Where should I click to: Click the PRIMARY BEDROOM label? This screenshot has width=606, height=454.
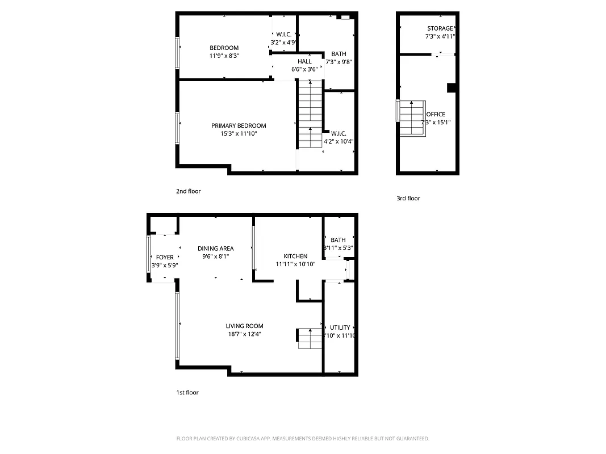coord(239,125)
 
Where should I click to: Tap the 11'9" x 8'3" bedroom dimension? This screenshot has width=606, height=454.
coord(224,56)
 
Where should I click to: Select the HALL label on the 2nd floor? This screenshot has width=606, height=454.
coord(304,61)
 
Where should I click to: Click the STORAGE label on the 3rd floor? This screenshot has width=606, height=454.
coord(440,28)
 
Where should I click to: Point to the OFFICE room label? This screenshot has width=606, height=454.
coord(436,114)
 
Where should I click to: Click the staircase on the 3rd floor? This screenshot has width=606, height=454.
coord(412,118)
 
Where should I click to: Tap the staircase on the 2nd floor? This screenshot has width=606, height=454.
coord(310,113)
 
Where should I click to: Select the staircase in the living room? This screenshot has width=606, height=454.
coord(310,339)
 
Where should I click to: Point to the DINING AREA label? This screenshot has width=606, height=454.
coord(215,249)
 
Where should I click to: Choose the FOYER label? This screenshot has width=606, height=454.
coord(165,258)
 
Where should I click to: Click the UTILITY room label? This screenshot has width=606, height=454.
coord(340,327)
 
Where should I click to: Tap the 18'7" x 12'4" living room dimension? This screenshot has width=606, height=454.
coord(244,334)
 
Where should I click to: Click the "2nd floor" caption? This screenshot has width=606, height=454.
coord(188,191)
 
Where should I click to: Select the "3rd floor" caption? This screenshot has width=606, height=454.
coord(408,198)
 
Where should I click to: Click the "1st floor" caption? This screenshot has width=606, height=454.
coord(187,392)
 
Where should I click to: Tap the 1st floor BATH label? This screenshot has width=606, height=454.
coord(338,240)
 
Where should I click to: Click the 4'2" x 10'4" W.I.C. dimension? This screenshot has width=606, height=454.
coord(338,141)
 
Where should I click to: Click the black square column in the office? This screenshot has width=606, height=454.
coord(452,87)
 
